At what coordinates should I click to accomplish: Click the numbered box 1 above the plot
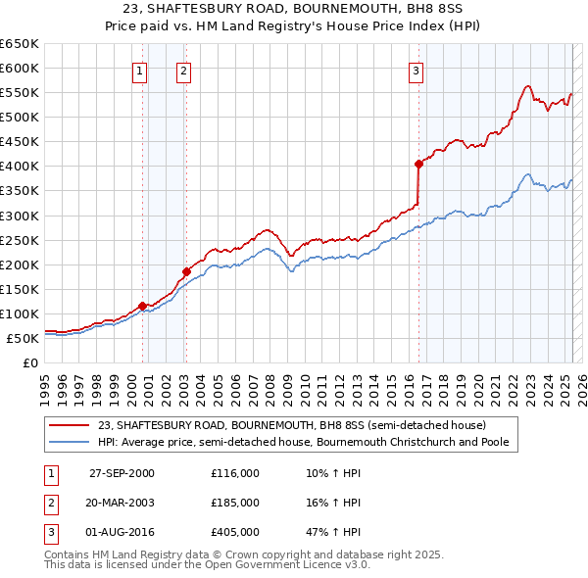tap(139, 71)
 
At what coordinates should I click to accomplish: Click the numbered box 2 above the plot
tap(184, 71)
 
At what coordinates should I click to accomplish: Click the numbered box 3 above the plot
tap(416, 71)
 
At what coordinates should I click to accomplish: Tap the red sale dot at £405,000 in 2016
tap(418, 164)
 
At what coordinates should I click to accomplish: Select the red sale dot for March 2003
tap(185, 271)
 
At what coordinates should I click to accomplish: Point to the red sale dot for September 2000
tap(143, 306)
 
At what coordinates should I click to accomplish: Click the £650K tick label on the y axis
tap(20, 44)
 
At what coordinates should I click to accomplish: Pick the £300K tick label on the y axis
tap(20, 216)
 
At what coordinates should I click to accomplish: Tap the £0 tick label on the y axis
tap(29, 362)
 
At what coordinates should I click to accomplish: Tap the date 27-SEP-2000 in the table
tap(122, 473)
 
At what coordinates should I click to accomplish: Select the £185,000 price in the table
tap(235, 503)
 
